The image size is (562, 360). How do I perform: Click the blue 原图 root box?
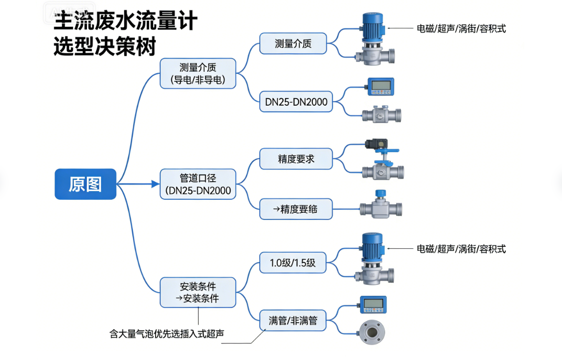[x=85, y=184]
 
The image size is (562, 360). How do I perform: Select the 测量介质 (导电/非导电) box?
[x=198, y=73]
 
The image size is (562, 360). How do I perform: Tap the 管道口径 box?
[x=198, y=184]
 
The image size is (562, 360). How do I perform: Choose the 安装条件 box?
[x=198, y=292]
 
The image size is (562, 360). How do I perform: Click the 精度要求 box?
[x=296, y=159]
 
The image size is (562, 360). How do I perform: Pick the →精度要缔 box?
[x=296, y=208]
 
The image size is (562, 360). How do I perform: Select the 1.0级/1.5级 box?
[x=293, y=262]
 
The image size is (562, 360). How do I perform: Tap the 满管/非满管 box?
[x=293, y=320]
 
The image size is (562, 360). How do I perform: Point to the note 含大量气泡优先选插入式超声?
[x=167, y=334]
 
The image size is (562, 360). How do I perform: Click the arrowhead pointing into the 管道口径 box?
[x=156, y=184]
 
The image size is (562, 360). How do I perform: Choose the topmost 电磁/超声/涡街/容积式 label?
[x=461, y=29]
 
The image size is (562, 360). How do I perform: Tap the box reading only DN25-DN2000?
[x=296, y=102]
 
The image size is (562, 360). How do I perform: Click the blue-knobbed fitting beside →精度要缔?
[x=381, y=205]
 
